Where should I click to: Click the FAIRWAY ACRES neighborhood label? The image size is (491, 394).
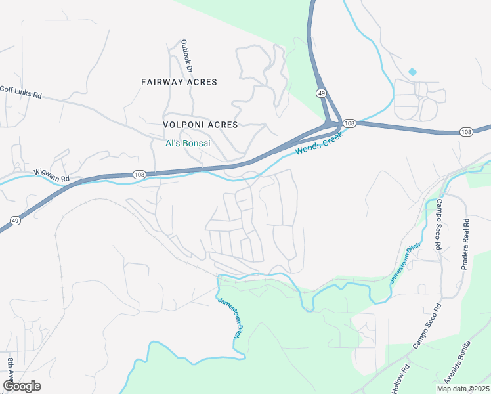(x=179, y=82)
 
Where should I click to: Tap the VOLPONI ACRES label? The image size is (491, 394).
(x=201, y=124)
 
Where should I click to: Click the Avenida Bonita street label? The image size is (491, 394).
(x=458, y=363)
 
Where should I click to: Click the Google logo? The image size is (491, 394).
(x=22, y=386)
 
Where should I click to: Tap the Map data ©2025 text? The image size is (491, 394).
(x=462, y=389)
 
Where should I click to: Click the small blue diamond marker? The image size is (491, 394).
(x=412, y=71)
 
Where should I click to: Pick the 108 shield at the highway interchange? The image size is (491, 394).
(x=349, y=123)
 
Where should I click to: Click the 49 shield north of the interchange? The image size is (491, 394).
(x=321, y=93)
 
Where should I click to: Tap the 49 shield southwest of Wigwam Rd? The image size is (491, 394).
(x=15, y=221)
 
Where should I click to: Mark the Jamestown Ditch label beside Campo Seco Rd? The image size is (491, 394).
(x=404, y=263)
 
